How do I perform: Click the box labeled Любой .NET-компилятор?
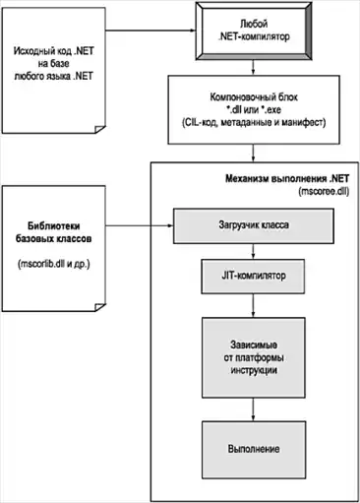tap(254, 31)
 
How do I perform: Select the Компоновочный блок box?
tap(254, 109)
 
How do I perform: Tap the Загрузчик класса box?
tap(254, 225)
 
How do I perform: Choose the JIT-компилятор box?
tap(253, 276)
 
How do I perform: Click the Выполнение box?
tap(254, 450)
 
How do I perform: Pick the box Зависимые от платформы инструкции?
tap(254, 357)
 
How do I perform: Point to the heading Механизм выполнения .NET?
tap(287, 179)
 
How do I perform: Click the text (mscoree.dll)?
tap(324, 192)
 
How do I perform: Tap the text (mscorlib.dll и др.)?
tap(53, 264)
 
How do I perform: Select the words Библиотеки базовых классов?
tap(53, 232)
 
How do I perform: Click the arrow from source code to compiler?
tap(150, 31)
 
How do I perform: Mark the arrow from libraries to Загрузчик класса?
tap(140, 225)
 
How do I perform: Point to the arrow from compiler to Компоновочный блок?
tap(253, 68)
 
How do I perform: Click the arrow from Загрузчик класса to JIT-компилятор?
tap(253, 251)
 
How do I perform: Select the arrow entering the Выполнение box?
tap(253, 409)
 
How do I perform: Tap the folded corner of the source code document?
tap(99, 129)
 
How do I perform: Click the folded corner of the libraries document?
tap(99, 307)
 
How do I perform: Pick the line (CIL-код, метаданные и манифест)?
tap(254, 122)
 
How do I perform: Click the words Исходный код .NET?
tap(54, 51)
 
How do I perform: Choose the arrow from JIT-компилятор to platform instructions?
tap(253, 305)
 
